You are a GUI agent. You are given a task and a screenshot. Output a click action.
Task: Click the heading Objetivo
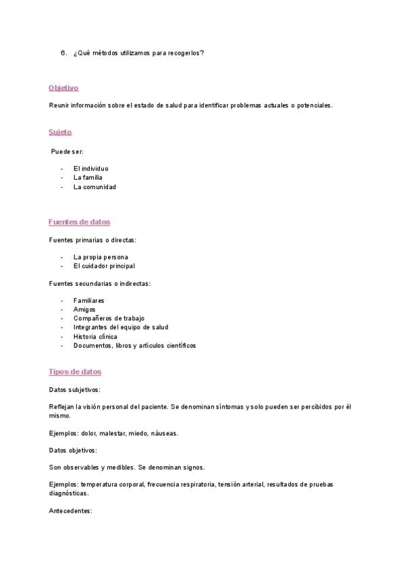63,88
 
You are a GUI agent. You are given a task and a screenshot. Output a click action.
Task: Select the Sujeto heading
60,132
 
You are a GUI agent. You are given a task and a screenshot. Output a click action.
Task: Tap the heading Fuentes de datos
79,222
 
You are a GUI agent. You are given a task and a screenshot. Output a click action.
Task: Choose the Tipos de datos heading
75,372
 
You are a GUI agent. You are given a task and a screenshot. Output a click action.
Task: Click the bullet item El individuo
90,168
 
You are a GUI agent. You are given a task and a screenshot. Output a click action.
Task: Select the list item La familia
88,178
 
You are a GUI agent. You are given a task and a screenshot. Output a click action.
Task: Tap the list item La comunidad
94,187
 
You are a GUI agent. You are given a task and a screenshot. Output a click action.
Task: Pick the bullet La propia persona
100,257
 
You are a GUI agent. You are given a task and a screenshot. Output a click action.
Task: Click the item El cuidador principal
104,266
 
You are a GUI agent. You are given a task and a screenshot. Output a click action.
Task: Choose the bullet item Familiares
88,301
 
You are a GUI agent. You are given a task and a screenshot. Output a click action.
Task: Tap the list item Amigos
84,309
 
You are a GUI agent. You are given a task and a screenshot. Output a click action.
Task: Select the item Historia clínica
95,337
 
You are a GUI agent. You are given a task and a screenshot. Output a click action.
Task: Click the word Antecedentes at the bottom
70,511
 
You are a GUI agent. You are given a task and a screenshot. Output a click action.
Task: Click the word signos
192,467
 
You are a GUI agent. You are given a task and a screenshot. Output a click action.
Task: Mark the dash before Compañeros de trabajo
61,318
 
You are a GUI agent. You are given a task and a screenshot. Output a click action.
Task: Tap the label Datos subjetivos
74,390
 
